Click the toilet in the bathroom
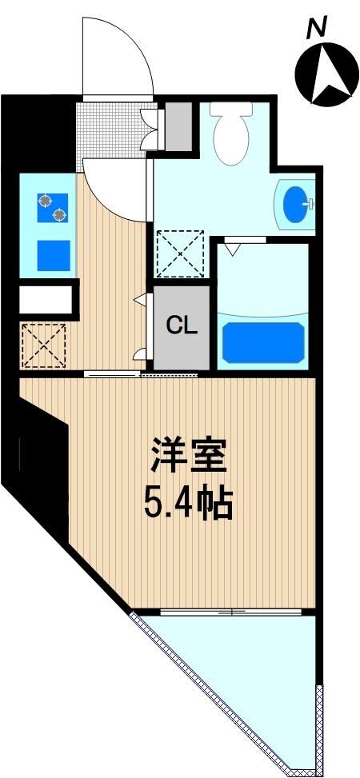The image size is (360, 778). [231, 133]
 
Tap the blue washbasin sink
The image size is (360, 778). [297, 202]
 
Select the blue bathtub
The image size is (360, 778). [263, 342]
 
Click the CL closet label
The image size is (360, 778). [182, 325]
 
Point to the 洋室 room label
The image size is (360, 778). [189, 456]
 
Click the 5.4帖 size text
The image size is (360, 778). [189, 504]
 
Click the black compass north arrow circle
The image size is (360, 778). [327, 72]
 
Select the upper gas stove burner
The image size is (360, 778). [46, 201]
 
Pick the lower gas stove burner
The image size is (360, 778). [59, 215]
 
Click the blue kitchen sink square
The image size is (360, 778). [54, 255]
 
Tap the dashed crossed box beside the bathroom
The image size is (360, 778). [180, 254]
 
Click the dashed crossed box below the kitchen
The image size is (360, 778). [43, 345]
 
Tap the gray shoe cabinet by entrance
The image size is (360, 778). [178, 126]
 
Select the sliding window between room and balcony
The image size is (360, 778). [231, 612]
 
